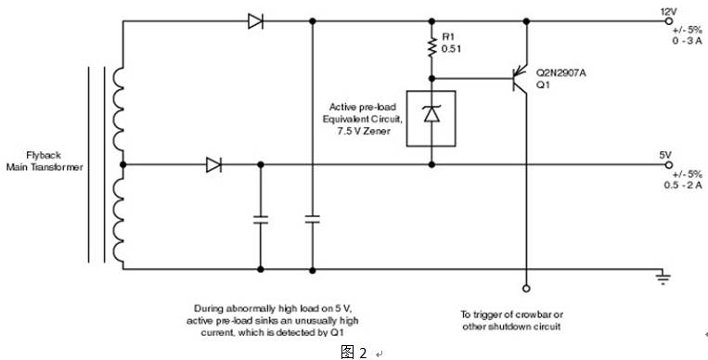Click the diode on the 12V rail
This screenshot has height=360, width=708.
point(256,20)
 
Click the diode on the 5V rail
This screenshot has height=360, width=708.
point(213,165)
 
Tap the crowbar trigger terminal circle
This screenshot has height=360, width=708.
point(526,288)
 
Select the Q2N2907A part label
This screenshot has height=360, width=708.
point(560,70)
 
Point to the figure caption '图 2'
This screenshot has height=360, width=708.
point(354,352)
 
